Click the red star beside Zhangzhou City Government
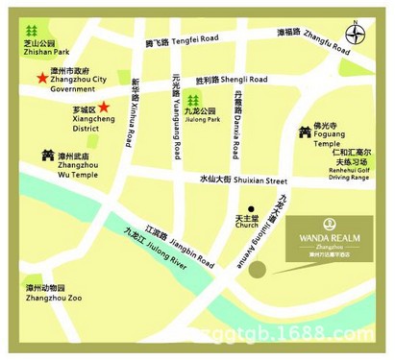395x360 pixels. (39, 78)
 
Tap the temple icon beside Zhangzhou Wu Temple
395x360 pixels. (45, 154)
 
